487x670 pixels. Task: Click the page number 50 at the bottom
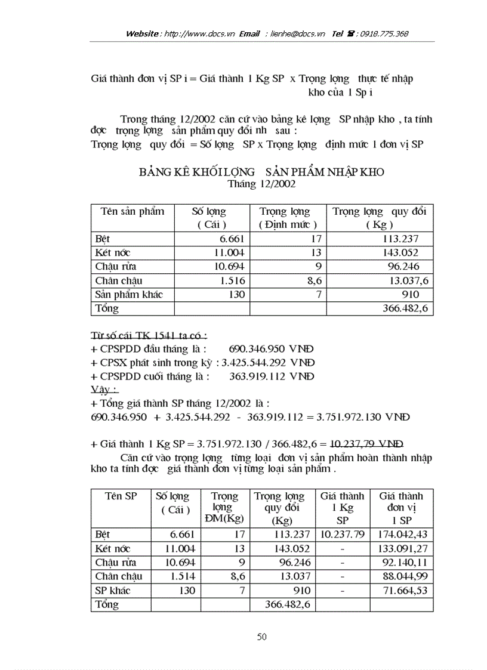tap(261, 637)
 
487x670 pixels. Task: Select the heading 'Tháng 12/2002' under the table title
tap(261, 184)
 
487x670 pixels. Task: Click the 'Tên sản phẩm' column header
tap(132, 211)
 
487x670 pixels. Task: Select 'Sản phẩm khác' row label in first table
tap(129, 294)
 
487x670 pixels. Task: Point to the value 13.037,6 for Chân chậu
tap(403, 280)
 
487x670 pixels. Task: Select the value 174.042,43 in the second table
tap(403, 535)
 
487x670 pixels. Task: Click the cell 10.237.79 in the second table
tap(342, 535)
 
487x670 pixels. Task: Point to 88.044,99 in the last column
tap(405, 576)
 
